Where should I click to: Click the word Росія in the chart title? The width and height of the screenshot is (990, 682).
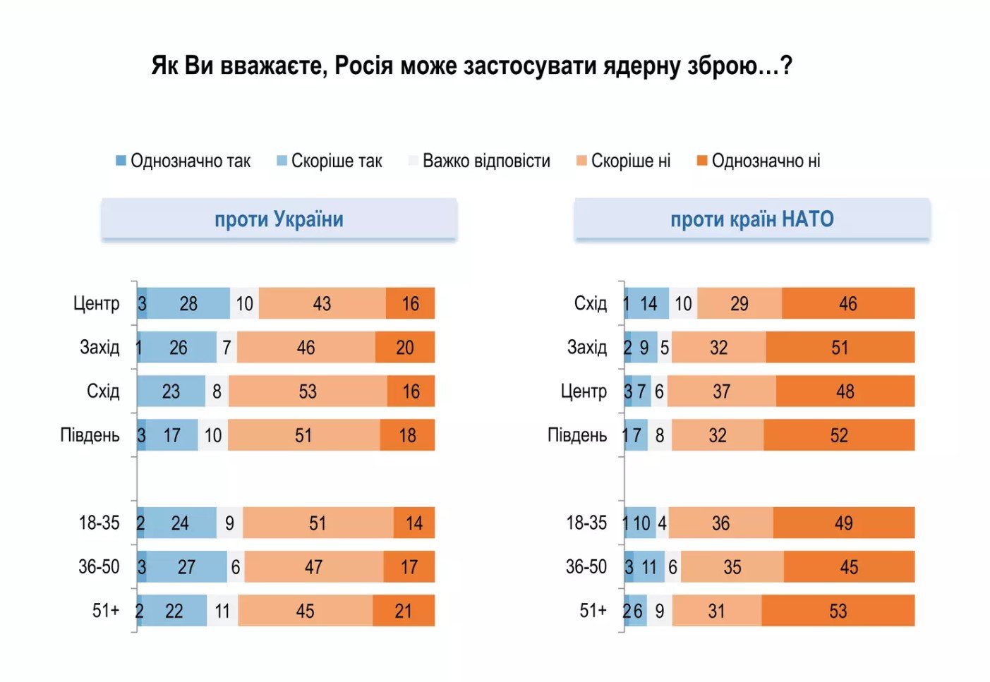coord(363,66)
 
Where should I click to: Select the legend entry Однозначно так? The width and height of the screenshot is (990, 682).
coord(183,161)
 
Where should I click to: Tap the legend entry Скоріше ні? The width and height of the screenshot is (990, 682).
coord(624,161)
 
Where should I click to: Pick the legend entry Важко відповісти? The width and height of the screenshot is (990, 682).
coord(480,161)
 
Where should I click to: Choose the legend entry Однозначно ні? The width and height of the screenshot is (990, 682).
coord(759,161)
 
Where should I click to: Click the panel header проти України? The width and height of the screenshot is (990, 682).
coord(279,219)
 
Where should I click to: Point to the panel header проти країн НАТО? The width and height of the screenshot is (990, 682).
coord(752,219)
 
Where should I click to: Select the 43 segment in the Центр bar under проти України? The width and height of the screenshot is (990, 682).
coord(322,303)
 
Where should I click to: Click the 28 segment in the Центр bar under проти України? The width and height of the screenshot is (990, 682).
coord(188,303)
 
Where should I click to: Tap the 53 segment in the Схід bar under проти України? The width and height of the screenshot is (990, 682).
coord(308,391)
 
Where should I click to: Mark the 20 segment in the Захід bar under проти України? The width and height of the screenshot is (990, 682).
coord(405,347)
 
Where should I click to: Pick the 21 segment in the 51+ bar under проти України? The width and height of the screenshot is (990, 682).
coord(404,611)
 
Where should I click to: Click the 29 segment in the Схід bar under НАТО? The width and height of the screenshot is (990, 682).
coord(739,303)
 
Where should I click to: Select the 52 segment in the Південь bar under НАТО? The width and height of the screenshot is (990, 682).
coord(839,435)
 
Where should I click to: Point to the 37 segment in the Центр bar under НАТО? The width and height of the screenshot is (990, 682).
coord(721,391)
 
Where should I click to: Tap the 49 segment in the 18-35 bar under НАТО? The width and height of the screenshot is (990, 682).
coord(843,523)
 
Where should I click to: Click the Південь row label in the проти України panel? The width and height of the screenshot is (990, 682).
coord(90,435)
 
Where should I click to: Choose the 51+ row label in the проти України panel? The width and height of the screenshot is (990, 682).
coord(106,610)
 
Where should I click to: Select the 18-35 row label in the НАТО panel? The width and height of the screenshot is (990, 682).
coord(586,523)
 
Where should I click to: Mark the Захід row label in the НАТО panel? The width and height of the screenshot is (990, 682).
coord(587,347)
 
